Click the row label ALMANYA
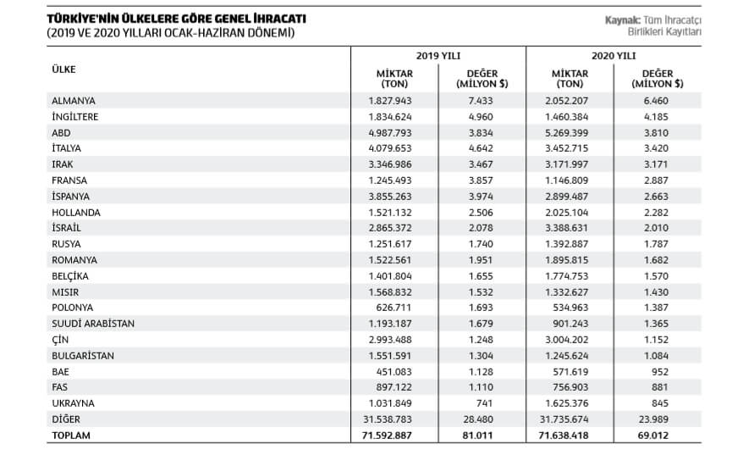tap(74, 101)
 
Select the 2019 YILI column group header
tap(438, 56)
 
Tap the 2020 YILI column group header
tap(614, 56)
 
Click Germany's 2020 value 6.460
tap(656, 101)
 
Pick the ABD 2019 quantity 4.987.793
tap(390, 133)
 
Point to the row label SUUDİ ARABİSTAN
tap(93, 324)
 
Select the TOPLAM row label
tap(71, 436)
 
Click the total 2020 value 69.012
tap(653, 436)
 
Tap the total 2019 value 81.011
tap(478, 436)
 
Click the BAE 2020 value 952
tap(660, 372)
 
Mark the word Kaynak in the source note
tap(622, 20)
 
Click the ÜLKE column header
tap(64, 69)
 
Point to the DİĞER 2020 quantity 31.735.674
tap(564, 419)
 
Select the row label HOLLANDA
tap(76, 213)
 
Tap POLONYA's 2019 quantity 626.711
tap(394, 308)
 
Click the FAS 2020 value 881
tap(660, 387)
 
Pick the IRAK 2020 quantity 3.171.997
tap(566, 164)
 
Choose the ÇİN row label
tap(60, 340)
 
